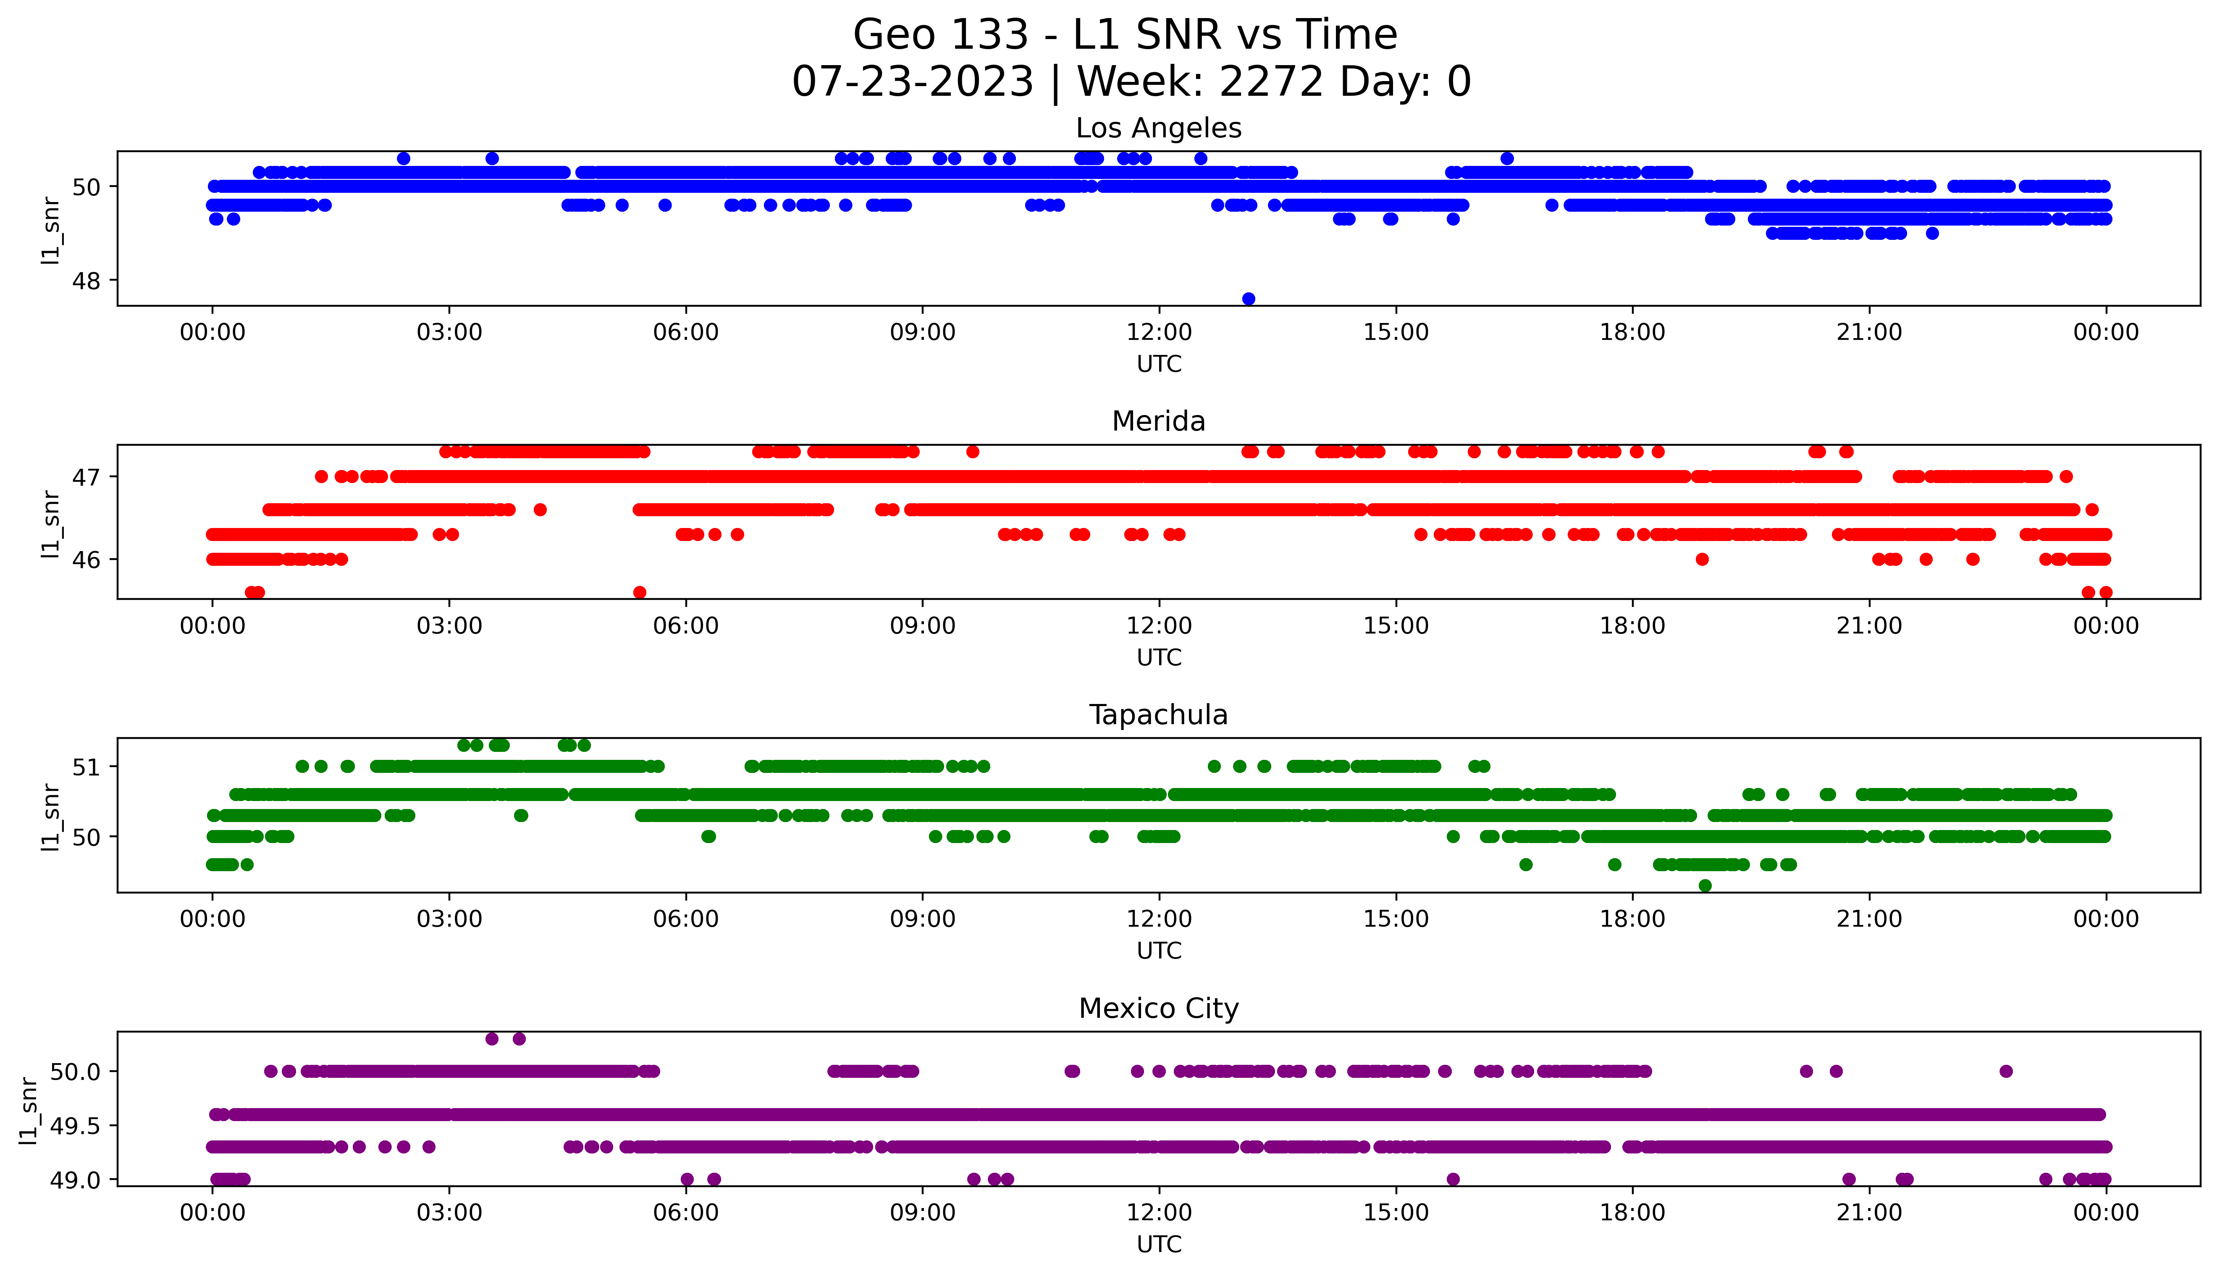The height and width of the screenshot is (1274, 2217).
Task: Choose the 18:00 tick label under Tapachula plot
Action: (x=1632, y=919)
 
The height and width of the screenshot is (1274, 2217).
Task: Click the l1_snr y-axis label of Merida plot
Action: (x=51, y=523)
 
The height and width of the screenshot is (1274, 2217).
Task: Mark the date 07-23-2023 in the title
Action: (x=912, y=82)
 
